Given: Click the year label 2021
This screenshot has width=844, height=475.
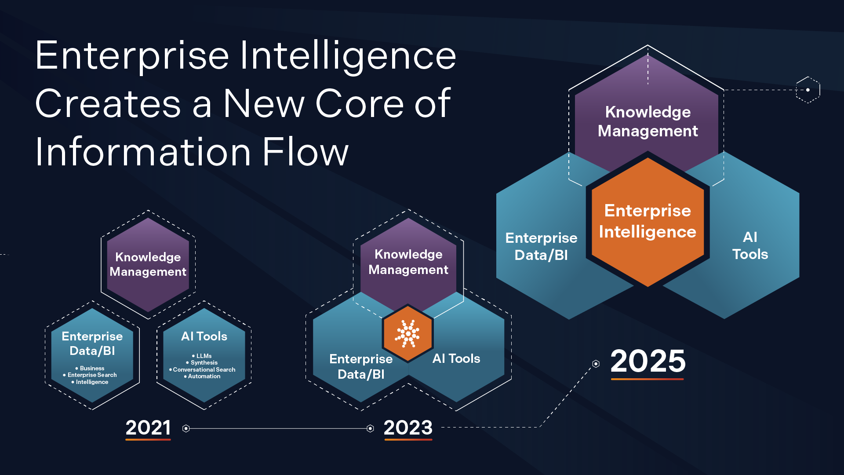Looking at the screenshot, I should (148, 427).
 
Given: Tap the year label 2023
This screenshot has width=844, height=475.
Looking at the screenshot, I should (408, 427).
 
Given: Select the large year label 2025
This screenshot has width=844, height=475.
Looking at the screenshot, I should (648, 361).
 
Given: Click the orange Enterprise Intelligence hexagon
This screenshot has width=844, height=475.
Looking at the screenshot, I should (648, 221).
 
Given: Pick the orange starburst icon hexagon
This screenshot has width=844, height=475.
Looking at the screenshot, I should (408, 333).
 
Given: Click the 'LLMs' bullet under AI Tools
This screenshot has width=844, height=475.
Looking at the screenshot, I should (204, 356).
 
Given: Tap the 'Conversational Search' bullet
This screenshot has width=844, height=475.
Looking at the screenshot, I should (204, 369).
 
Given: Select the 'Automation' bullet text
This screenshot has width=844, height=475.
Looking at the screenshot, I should (204, 376).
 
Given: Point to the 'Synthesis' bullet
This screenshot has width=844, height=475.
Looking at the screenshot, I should (204, 362).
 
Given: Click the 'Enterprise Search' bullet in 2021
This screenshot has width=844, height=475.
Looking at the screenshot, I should (92, 375).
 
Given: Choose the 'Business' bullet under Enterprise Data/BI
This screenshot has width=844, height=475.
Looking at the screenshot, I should (92, 368).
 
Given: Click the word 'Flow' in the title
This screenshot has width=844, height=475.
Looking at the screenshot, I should (305, 152).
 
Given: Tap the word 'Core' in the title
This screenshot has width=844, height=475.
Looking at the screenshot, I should (359, 104).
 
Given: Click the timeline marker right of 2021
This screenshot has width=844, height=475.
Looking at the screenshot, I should (186, 428).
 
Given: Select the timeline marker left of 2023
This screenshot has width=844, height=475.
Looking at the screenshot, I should (370, 428).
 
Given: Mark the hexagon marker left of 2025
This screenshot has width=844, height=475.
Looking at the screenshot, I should (596, 364).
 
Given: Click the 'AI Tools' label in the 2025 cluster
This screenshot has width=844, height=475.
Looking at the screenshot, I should (750, 245).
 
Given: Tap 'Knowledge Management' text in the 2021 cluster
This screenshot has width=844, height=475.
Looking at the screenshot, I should (148, 264).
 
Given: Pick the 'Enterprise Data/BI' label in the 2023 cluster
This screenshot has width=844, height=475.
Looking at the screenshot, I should (361, 366).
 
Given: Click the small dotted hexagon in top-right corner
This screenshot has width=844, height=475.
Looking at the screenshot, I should (808, 90).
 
